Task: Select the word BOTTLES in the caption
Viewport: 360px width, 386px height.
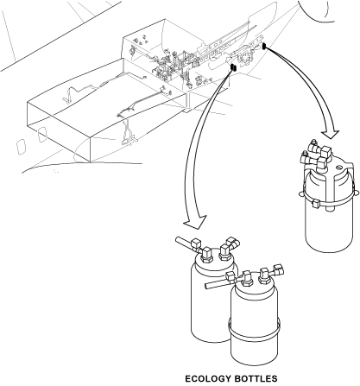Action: (255, 378)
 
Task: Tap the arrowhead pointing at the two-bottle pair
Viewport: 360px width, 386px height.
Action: (195, 222)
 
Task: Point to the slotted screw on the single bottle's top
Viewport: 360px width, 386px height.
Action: (339, 168)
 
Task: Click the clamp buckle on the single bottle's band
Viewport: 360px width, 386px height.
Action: (315, 203)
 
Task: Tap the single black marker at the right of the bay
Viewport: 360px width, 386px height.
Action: (264, 46)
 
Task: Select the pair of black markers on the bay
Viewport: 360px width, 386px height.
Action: (233, 67)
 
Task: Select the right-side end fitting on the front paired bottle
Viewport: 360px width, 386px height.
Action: (279, 269)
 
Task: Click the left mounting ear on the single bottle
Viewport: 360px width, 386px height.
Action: (301, 193)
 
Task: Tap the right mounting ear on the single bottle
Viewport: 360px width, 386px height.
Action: (357, 192)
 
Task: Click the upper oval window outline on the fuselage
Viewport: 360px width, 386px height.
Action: (42, 135)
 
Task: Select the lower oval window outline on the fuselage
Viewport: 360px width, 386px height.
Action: (21, 147)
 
